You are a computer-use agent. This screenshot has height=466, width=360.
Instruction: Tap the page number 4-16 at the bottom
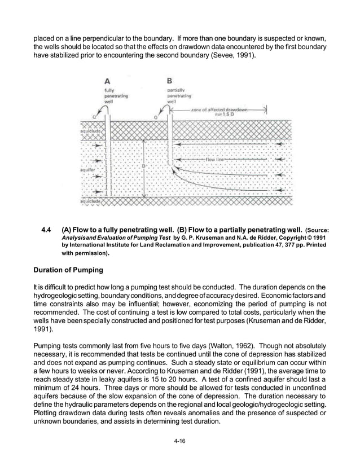tap(180, 449)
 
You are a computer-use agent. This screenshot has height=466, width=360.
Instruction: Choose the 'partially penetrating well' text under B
tap(179, 96)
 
